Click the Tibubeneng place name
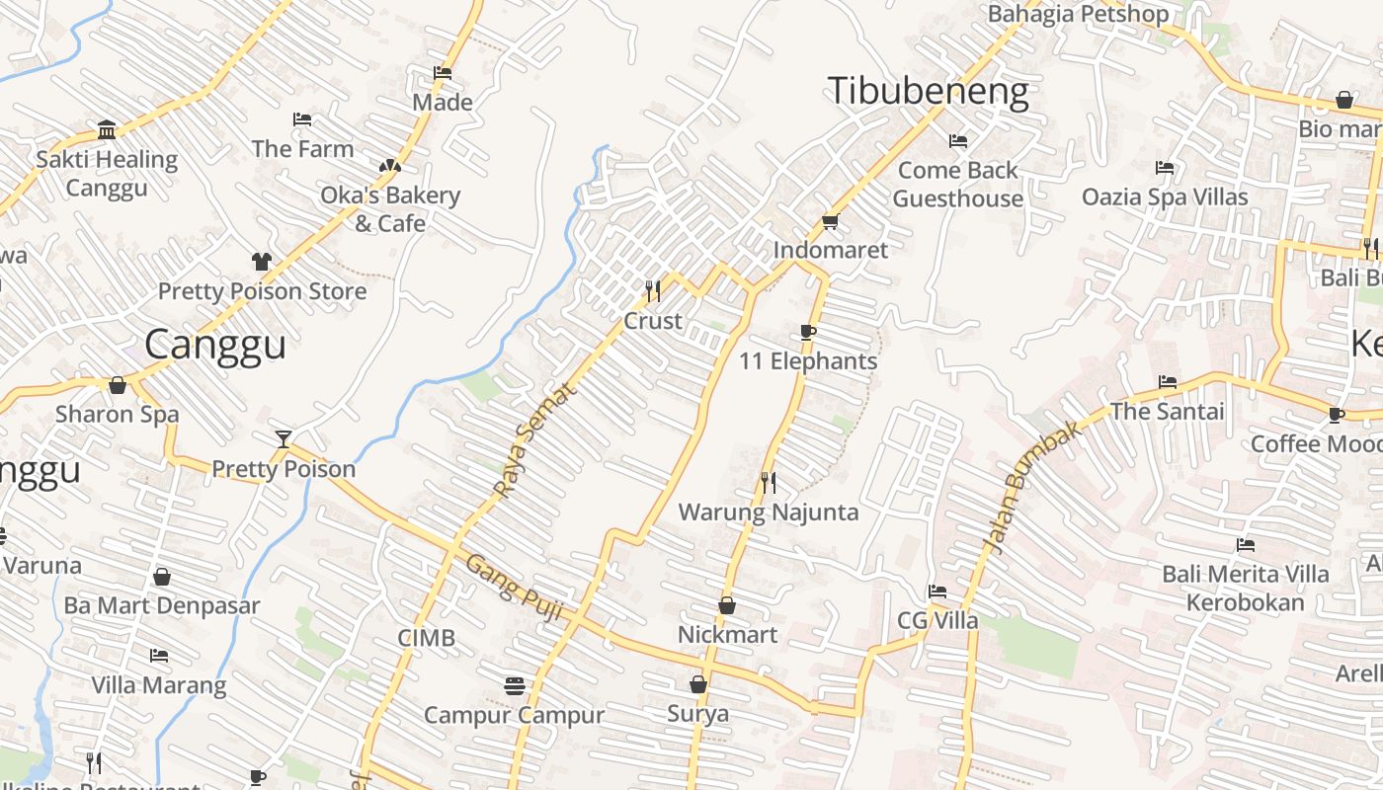pyautogui.click(x=928, y=91)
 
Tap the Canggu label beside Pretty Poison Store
pyautogui.click(x=215, y=345)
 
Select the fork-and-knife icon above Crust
pyautogui.click(x=652, y=290)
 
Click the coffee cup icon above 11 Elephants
pyautogui.click(x=807, y=332)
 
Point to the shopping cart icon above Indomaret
pyautogui.click(x=830, y=221)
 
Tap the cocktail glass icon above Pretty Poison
pyautogui.click(x=284, y=438)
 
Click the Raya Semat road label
pyautogui.click(x=533, y=440)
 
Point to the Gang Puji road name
pyautogui.click(x=513, y=589)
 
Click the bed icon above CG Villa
pyautogui.click(x=936, y=592)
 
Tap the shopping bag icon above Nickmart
pyautogui.click(x=727, y=605)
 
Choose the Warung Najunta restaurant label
pyautogui.click(x=768, y=513)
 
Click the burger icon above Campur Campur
pyautogui.click(x=514, y=684)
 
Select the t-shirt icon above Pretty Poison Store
pyautogui.click(x=261, y=262)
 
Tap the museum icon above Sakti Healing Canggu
pyautogui.click(x=107, y=129)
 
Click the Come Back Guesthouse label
pyautogui.click(x=957, y=184)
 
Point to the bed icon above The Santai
pyautogui.click(x=1167, y=381)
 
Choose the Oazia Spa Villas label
pyautogui.click(x=1165, y=197)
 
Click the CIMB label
pyautogui.click(x=427, y=638)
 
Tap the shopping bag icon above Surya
pyautogui.click(x=697, y=684)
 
